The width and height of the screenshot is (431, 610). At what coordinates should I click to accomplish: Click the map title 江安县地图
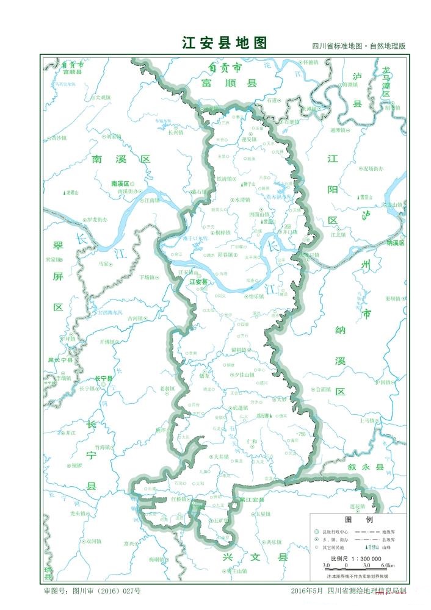point(225,43)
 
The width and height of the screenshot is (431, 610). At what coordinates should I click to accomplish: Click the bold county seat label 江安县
point(199,282)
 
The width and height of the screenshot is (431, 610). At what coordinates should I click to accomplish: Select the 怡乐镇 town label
point(256,296)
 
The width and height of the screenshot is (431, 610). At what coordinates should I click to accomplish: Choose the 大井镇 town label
point(220,456)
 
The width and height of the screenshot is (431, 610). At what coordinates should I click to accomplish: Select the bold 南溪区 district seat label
point(121,183)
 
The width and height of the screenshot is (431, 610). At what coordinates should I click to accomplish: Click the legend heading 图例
point(350,520)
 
